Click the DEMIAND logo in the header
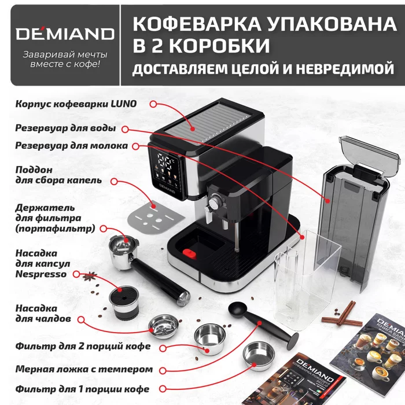tap(64, 32)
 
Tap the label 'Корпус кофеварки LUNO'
tap(76, 104)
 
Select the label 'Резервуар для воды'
tap(65, 127)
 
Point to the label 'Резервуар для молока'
tap(71, 146)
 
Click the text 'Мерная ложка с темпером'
tap(84, 369)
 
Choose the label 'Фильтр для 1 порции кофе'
tap(83, 389)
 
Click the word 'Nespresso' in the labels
tap(41, 274)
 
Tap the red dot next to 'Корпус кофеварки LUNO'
tap(153, 104)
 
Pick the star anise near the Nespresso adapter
tap(90, 277)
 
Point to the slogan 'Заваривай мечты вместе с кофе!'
tap(64, 58)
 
